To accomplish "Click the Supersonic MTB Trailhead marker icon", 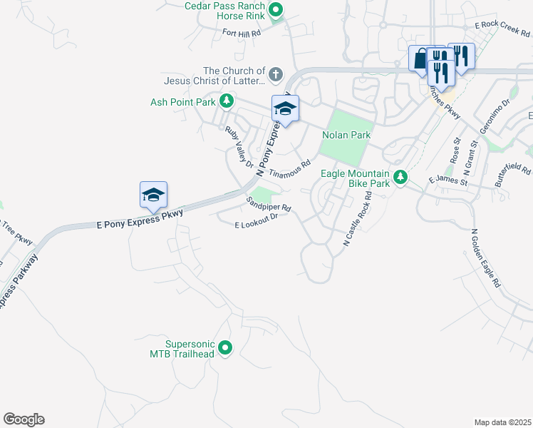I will pyautogui.click(x=225, y=348).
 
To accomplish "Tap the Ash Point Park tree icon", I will pyautogui.click(x=227, y=101).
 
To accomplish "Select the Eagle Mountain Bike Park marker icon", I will pyautogui.click(x=400, y=176).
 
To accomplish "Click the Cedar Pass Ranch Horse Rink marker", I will pyautogui.click(x=277, y=10).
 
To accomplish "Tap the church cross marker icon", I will pyautogui.click(x=275, y=73).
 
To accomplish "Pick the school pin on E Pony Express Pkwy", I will pyautogui.click(x=153, y=195).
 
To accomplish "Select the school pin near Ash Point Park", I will pyautogui.click(x=285, y=108).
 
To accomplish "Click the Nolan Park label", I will pyautogui.click(x=346, y=134).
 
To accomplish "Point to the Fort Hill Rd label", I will pyautogui.click(x=242, y=32).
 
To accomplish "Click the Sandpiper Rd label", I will pyautogui.click(x=269, y=204).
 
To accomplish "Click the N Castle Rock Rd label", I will pyautogui.click(x=358, y=224).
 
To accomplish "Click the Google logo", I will pyautogui.click(x=24, y=419).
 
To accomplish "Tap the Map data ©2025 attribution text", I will pyautogui.click(x=502, y=422).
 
